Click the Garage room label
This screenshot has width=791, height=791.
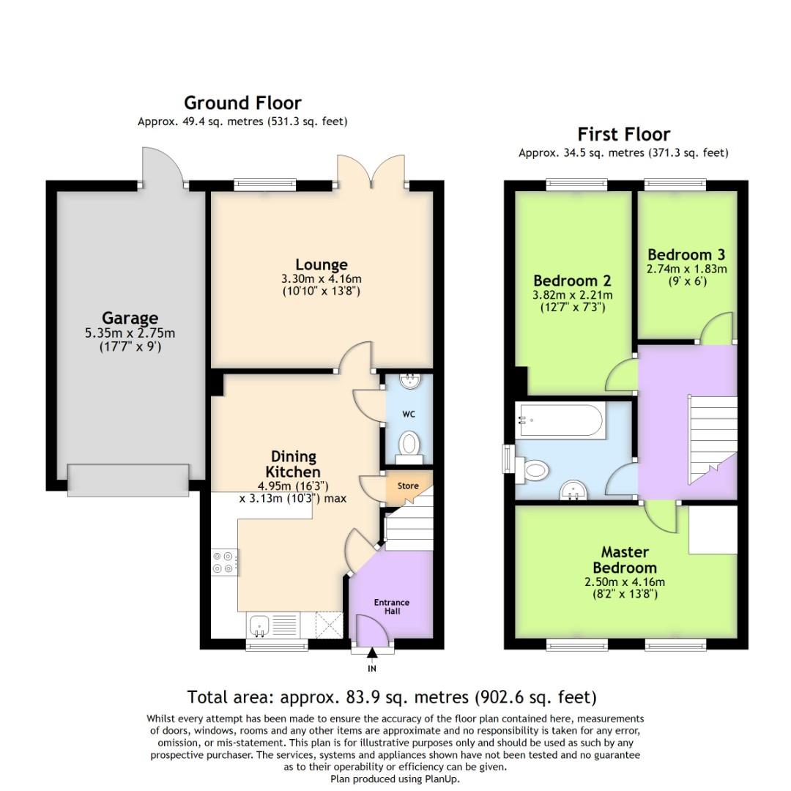(x=130, y=319)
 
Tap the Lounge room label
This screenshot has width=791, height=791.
(x=321, y=264)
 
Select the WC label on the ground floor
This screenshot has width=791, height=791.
(x=409, y=414)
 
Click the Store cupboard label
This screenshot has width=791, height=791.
(x=408, y=486)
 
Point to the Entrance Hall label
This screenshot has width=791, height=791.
(x=392, y=606)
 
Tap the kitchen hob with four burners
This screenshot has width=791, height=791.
(x=223, y=562)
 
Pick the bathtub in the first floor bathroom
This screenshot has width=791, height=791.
(x=560, y=420)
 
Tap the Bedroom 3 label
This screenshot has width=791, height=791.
(x=686, y=255)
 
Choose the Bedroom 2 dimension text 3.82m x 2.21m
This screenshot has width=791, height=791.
(x=572, y=295)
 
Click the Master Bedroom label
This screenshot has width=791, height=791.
(x=625, y=560)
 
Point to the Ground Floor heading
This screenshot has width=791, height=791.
(x=242, y=103)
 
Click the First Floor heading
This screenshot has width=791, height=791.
(x=623, y=134)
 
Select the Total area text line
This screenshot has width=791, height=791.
(x=392, y=697)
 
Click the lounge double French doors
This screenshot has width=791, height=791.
(x=373, y=176)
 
